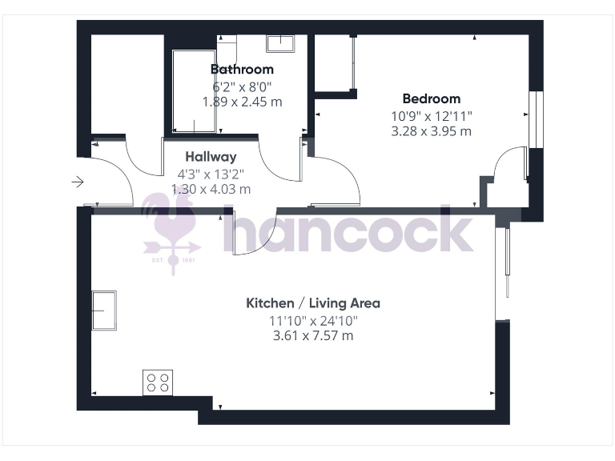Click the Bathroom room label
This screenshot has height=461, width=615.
pos(242,70)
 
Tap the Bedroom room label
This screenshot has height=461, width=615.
pos(431,99)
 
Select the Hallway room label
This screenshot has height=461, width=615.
pos(211,157)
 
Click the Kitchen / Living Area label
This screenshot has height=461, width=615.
pos(312,303)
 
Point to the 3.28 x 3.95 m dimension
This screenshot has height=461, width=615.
pos(431,131)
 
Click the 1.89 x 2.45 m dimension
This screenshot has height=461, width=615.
pos(242,102)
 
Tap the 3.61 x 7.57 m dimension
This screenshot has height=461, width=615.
pos(312,336)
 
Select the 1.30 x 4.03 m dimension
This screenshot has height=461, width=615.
pos(211,190)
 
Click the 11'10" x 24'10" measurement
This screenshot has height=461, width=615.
pos(312,320)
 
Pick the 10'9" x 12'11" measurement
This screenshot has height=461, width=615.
pos(431,115)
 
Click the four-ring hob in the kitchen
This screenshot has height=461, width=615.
pos(157,382)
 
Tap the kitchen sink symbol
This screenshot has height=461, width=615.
pos(105,310)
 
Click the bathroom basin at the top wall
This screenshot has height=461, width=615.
pos(280,42)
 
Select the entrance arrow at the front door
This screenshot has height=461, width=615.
pos(78,182)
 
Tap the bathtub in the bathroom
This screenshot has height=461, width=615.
pos(195,91)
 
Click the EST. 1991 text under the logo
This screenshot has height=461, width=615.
pos(171,261)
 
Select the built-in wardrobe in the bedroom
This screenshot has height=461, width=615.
pos(334,64)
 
